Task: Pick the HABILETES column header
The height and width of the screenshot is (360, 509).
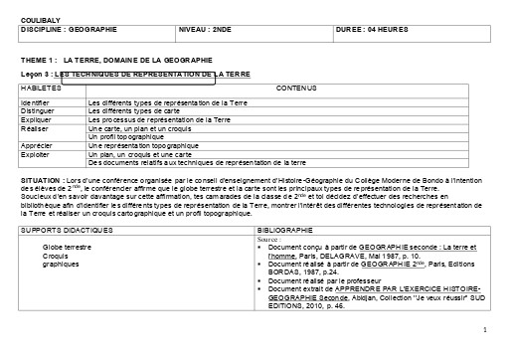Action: click(x=40, y=88)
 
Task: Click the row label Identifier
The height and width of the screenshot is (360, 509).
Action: click(x=37, y=102)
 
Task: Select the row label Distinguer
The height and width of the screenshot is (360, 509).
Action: click(x=38, y=111)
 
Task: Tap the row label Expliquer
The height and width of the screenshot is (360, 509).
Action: click(x=37, y=120)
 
